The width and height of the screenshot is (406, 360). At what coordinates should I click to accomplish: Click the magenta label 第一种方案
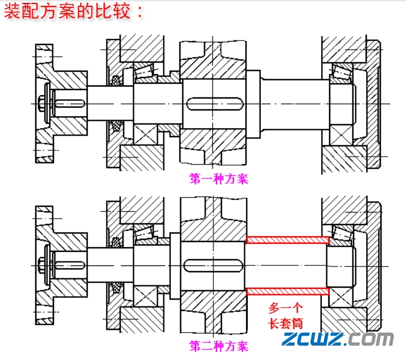point(219,178)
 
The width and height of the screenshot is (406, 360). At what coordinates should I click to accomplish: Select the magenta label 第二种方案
point(219,345)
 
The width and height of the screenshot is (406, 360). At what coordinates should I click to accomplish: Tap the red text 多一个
point(285,308)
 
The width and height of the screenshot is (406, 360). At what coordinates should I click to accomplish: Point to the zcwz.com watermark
point(338,339)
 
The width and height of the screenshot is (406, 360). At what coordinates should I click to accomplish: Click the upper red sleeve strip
point(288,240)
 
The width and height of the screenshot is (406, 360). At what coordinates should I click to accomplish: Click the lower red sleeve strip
point(288,291)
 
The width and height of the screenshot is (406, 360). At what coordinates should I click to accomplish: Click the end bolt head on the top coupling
point(42,104)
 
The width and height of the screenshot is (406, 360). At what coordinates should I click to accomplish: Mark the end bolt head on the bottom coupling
point(42,265)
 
